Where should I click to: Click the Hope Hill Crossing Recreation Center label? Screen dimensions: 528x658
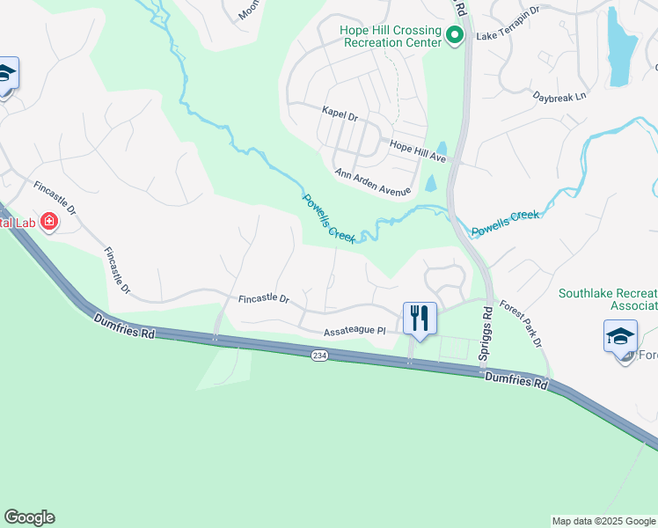391,36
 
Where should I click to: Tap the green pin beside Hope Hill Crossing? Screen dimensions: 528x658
455,36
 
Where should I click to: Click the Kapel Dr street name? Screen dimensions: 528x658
340,115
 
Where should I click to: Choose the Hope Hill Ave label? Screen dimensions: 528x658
418,151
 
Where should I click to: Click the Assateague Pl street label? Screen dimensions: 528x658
355,331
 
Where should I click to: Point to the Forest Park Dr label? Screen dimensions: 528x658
521,324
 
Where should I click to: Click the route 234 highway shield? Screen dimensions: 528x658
319,354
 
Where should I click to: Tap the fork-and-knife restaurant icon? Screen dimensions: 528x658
420,317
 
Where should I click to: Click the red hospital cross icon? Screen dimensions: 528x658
48,221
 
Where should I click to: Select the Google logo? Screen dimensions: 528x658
29,517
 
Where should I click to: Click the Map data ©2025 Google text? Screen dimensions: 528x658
603,521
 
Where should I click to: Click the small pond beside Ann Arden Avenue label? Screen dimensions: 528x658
430,183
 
